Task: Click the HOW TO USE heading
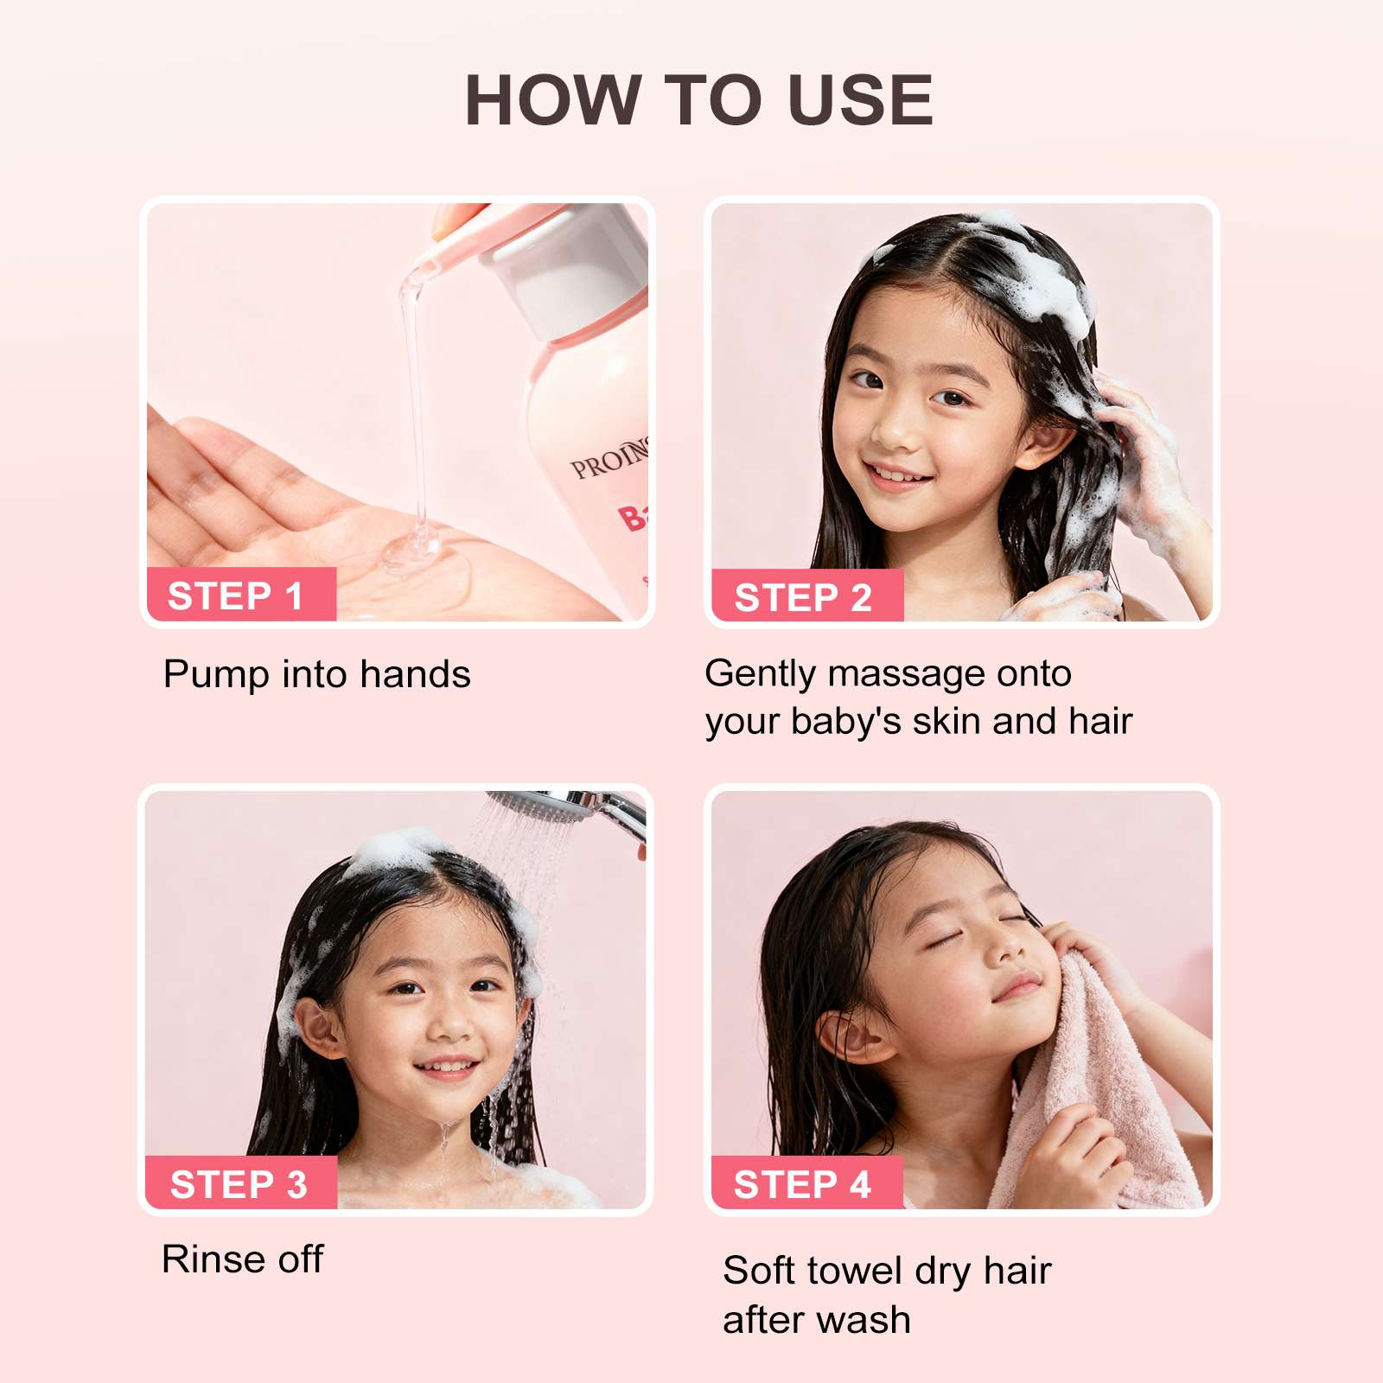tap(698, 99)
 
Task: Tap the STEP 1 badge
tap(241, 595)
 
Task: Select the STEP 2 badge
tap(807, 596)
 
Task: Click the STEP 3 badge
tap(240, 1182)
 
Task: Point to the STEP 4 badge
tap(806, 1182)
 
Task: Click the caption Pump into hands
tap(317, 674)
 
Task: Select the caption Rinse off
tap(243, 1259)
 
